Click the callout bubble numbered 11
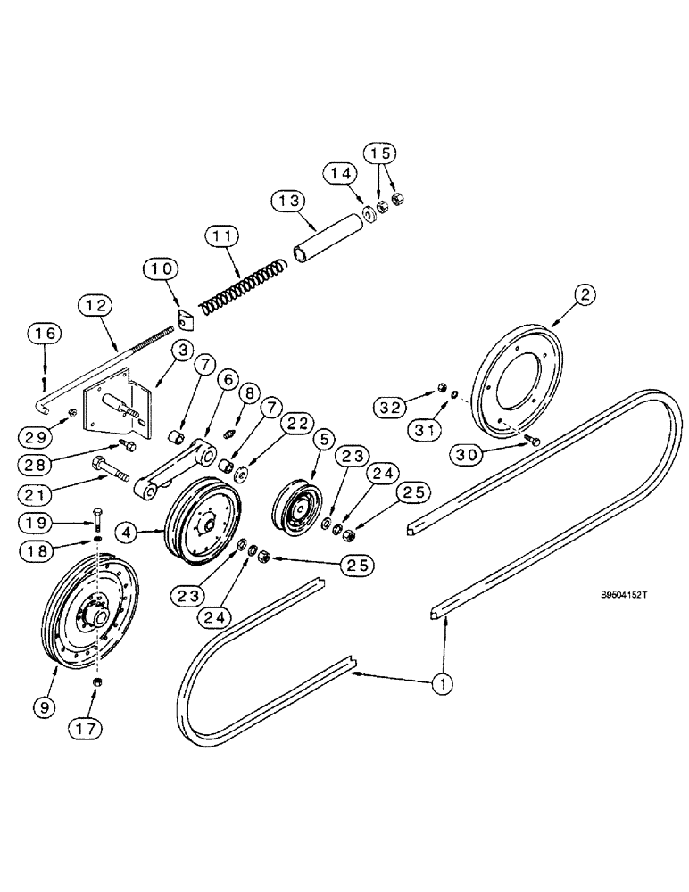click(x=223, y=237)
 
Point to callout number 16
click(x=46, y=333)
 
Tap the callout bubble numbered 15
click(x=379, y=153)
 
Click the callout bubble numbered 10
click(x=163, y=268)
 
